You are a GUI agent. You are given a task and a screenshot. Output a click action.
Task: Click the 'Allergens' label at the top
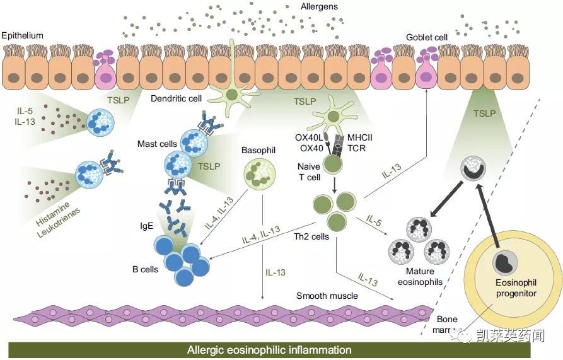pyautogui.click(x=319, y=7)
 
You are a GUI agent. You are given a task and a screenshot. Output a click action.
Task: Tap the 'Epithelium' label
pyautogui.click(x=22, y=35)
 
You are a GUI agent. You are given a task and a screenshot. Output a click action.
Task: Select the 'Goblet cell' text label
pyautogui.click(x=427, y=38)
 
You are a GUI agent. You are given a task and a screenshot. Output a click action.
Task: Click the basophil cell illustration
pyautogui.click(x=260, y=174)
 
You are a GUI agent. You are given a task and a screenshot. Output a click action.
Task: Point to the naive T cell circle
pyautogui.click(x=333, y=164)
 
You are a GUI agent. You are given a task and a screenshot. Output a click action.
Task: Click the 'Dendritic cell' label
pyautogui.click(x=176, y=98)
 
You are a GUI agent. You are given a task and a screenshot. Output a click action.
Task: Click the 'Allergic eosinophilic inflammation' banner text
pyautogui.click(x=269, y=350)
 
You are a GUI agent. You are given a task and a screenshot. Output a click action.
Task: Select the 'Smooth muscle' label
pyautogui.click(x=327, y=296)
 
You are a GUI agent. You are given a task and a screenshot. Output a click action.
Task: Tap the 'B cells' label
pyautogui.click(x=145, y=269)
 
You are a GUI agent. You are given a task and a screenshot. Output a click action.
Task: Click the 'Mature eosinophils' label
pyautogui.click(x=420, y=277)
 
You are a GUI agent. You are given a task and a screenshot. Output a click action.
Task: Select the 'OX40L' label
pyautogui.click(x=309, y=137)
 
